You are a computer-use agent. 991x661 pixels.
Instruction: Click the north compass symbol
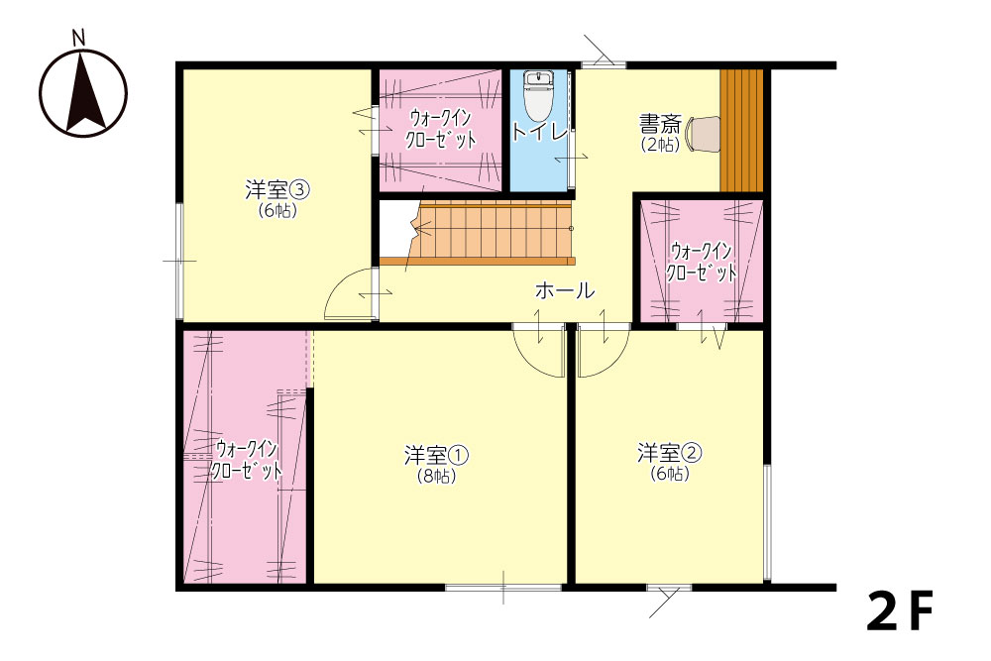83,93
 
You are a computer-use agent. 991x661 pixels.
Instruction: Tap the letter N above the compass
79,39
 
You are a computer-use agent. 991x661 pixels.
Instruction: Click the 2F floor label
900,611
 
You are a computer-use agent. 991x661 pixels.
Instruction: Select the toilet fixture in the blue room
538,96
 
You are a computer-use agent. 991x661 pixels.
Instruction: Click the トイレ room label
539,132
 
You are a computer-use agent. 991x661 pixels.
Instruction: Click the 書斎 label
660,123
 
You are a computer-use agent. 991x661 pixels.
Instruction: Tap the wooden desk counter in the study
741,130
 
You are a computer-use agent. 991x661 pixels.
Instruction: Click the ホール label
565,290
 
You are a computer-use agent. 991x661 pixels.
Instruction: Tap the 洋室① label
436,454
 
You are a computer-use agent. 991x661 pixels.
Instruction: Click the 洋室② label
669,453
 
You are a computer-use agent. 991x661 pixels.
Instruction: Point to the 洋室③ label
277,189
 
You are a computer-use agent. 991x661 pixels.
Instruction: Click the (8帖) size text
436,476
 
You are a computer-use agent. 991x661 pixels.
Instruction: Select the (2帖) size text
660,145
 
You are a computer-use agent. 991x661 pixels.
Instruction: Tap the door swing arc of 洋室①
528,361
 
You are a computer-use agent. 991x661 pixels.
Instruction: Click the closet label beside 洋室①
246,460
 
